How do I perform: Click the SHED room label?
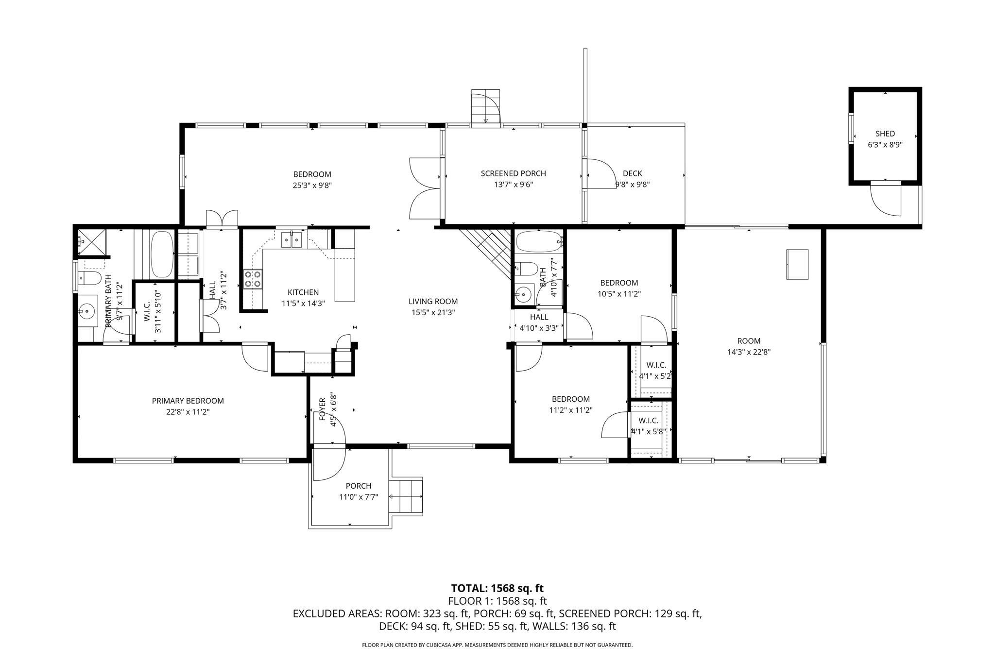885,134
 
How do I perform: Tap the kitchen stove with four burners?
253,279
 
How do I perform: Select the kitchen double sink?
292,240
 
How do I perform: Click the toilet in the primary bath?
90,278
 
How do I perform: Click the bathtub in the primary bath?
162,255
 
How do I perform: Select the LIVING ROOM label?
433,302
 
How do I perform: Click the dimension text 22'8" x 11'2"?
188,412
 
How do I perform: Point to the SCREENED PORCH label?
513,173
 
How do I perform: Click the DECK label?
632,173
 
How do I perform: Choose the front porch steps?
406,496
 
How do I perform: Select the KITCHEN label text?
303,292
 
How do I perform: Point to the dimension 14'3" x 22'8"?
749,352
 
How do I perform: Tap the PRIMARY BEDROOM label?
188,401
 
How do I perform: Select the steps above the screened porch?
486,107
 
